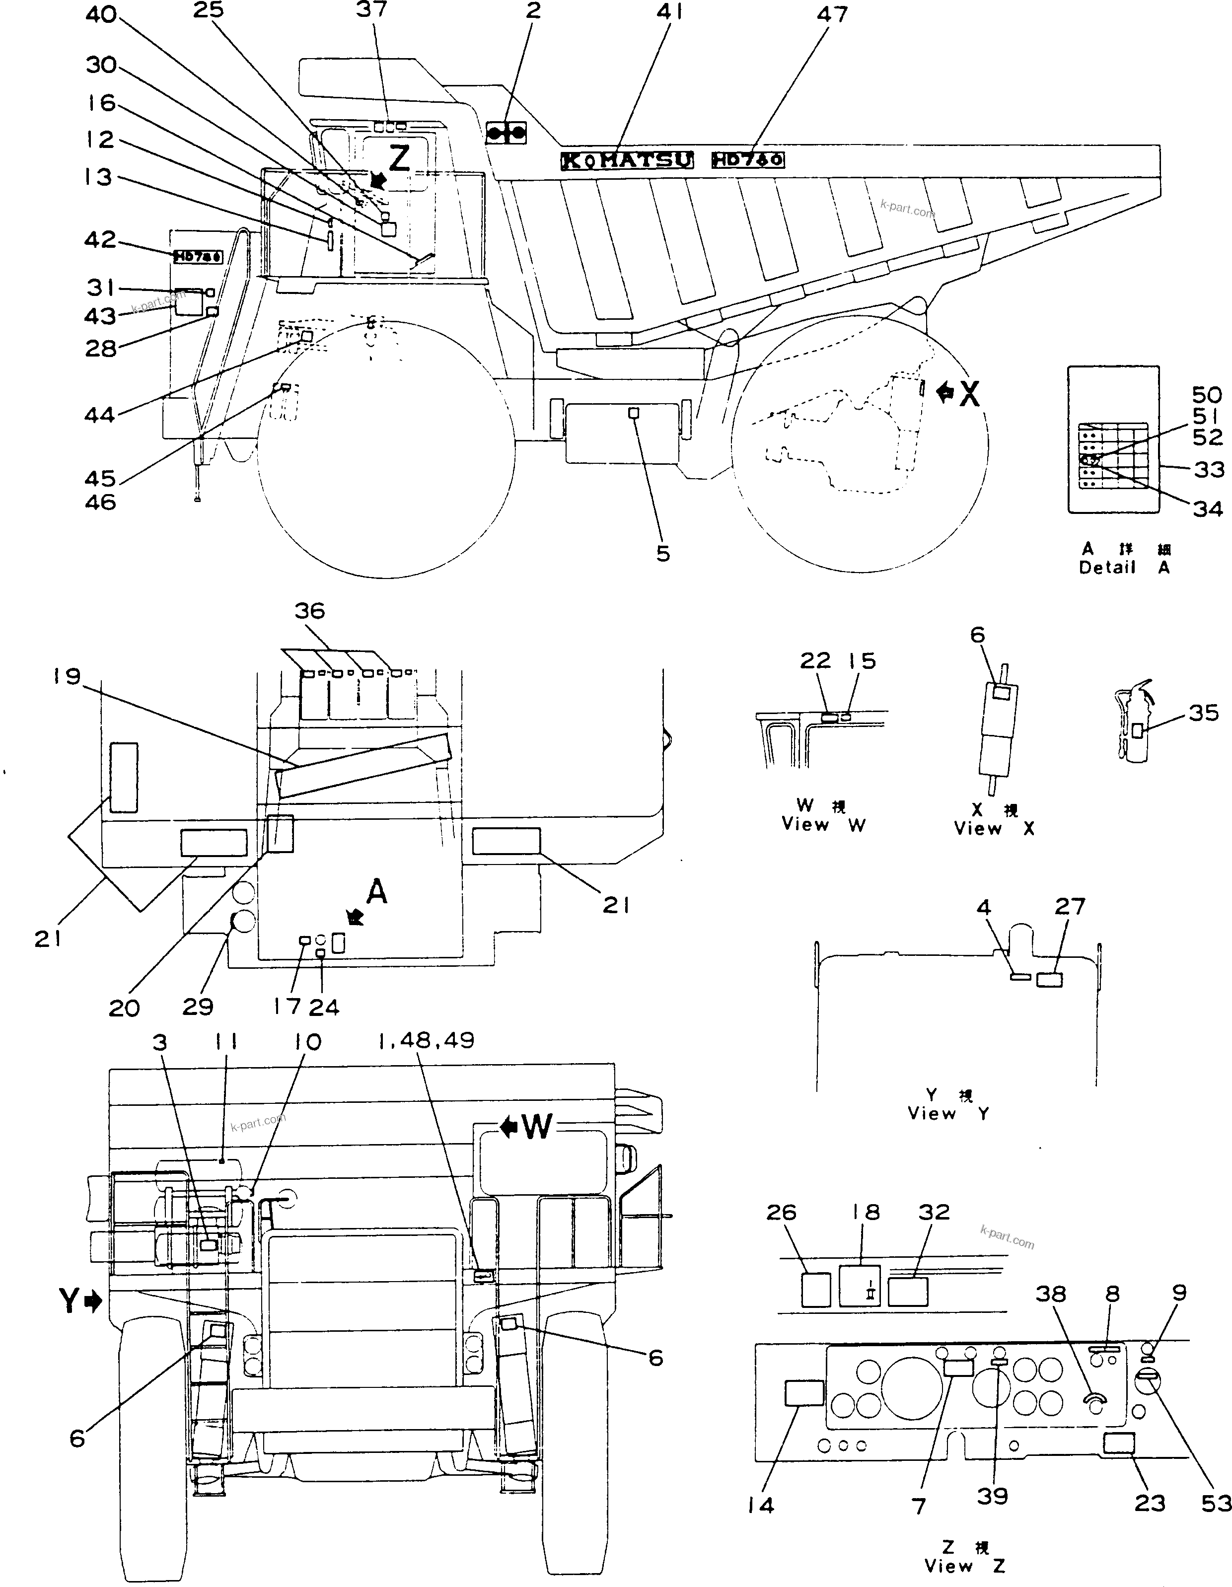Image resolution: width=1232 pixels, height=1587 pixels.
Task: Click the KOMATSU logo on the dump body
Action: click(627, 160)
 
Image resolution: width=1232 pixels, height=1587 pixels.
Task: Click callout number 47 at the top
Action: click(833, 14)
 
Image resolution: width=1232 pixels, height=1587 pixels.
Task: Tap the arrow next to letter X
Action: click(945, 393)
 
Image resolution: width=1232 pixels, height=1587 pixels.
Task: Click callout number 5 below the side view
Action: click(663, 553)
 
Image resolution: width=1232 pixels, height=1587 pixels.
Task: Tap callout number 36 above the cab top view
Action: click(310, 610)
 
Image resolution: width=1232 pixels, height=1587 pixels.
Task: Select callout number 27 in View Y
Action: click(1070, 906)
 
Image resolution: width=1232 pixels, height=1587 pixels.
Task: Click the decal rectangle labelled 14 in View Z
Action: click(804, 1393)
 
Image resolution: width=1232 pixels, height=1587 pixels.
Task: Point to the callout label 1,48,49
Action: click(426, 1041)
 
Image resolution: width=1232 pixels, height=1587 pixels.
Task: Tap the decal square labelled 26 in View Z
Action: click(815, 1289)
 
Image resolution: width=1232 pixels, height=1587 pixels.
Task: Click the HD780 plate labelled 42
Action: click(198, 257)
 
